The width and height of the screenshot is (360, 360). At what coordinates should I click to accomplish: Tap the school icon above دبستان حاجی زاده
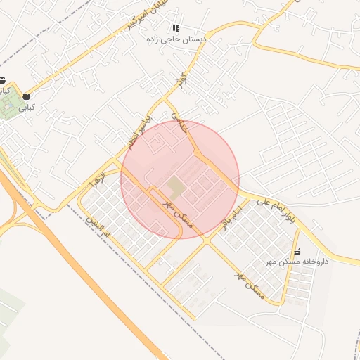176,29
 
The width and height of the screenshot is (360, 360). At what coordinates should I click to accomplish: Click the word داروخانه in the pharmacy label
314,262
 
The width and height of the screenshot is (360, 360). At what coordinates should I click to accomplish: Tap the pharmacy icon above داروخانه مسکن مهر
297,252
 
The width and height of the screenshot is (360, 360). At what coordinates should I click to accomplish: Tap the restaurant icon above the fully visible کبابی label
27,96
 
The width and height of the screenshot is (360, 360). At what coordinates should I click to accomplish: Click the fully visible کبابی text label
27,108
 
